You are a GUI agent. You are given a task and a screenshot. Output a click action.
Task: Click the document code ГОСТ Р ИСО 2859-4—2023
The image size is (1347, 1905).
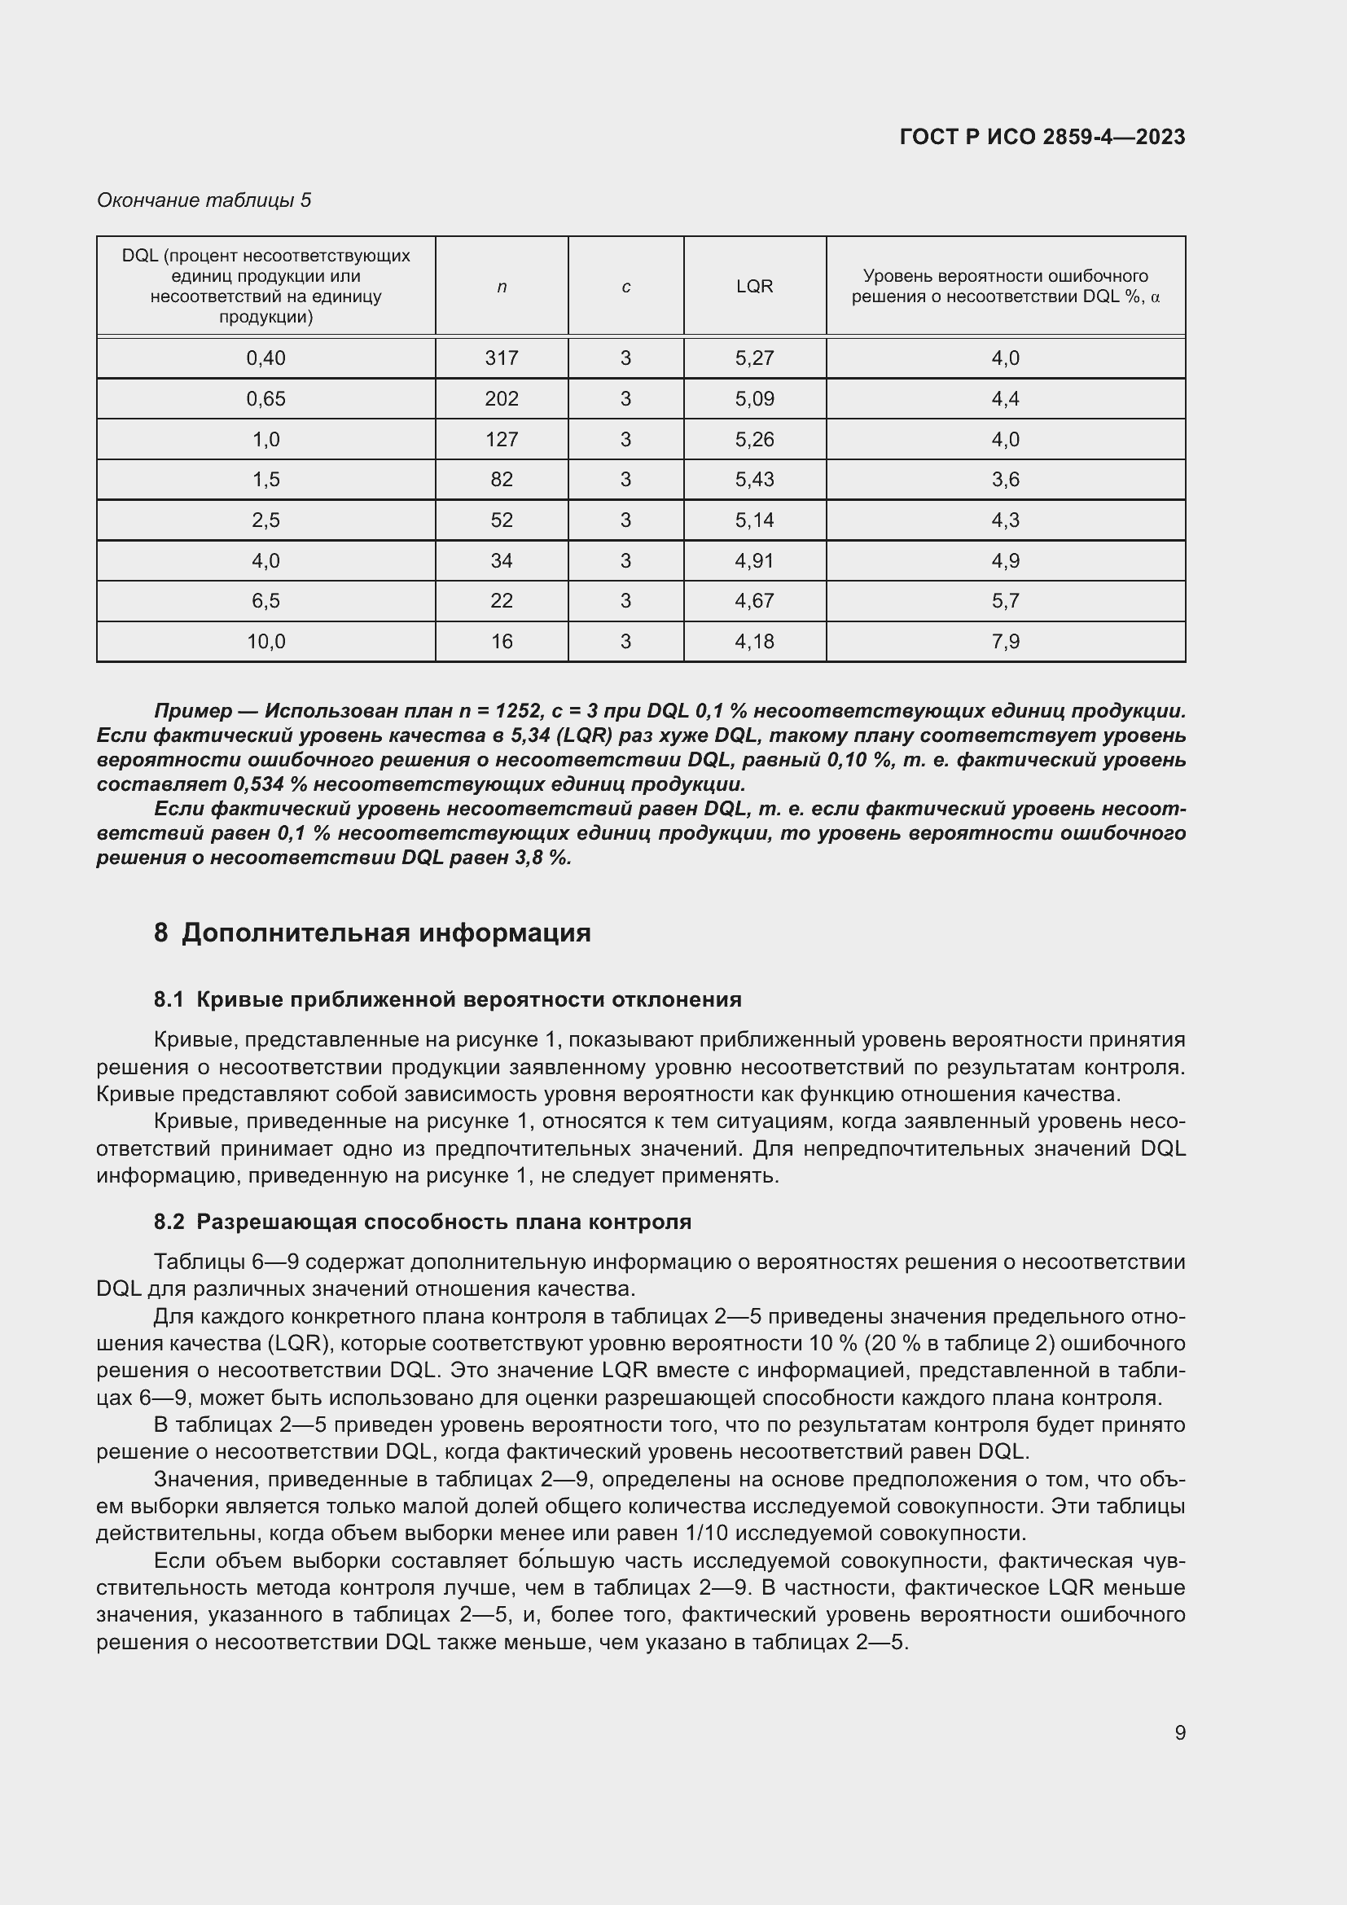(x=1042, y=137)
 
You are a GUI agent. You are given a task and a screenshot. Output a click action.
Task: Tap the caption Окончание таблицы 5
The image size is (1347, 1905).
(x=204, y=200)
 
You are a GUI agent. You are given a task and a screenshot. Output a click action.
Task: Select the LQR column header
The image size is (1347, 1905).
(x=754, y=286)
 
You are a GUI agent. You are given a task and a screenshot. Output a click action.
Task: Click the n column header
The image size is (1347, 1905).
(x=501, y=287)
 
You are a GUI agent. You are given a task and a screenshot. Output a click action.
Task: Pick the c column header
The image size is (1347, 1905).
(x=625, y=287)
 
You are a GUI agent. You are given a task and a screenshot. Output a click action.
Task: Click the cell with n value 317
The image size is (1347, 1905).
(x=501, y=358)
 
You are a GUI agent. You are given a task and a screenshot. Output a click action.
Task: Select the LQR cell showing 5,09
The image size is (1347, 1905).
(x=754, y=399)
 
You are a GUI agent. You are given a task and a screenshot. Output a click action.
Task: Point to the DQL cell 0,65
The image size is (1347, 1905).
(x=265, y=399)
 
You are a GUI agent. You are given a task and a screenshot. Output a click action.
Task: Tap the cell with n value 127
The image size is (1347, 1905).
(x=501, y=440)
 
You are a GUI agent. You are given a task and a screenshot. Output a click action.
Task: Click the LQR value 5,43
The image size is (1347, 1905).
(x=754, y=480)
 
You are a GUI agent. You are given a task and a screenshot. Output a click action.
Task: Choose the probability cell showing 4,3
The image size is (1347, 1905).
(x=1005, y=520)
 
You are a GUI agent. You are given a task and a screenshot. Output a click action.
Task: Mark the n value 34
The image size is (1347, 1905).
(x=501, y=561)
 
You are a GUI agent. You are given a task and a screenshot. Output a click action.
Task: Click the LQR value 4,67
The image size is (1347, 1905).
(x=754, y=601)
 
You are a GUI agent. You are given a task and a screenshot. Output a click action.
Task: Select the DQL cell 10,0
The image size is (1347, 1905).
(x=265, y=641)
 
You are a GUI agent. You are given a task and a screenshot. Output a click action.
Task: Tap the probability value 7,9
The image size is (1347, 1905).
(x=1005, y=641)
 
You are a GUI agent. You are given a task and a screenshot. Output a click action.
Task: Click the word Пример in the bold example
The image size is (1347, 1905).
(x=193, y=711)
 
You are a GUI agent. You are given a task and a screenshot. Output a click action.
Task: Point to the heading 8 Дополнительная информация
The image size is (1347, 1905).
(x=371, y=933)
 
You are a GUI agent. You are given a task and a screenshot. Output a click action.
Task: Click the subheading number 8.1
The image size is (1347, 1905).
(x=169, y=1000)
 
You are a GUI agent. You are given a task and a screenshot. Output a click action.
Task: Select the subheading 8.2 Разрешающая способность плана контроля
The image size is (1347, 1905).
(x=422, y=1222)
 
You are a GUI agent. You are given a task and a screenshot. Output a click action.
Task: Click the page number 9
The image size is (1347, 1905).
(x=1179, y=1732)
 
